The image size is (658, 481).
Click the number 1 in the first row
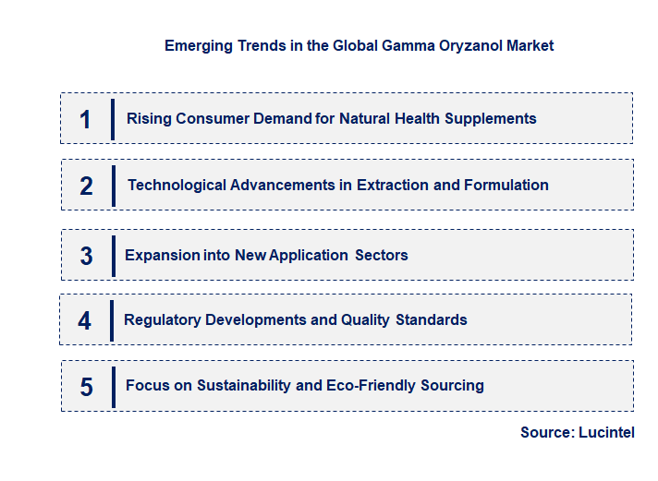[85, 119]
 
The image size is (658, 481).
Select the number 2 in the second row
[86, 186]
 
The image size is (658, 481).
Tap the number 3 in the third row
[86, 256]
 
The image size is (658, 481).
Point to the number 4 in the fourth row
[85, 320]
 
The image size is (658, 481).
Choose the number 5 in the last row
[86, 386]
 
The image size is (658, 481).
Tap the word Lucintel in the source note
[606, 432]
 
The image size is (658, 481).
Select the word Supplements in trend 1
[491, 119]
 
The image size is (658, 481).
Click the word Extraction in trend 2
[393, 186]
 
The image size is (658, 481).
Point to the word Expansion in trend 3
[160, 256]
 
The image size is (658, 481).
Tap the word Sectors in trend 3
[382, 256]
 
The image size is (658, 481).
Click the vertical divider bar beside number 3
[113, 255]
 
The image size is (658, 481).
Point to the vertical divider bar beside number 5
[113, 385]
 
